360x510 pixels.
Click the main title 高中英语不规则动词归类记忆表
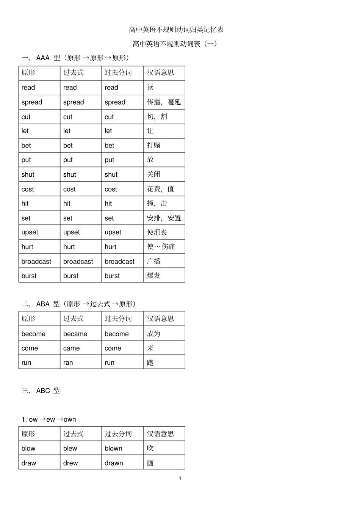coord(176,30)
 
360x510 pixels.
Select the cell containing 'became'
coord(75,334)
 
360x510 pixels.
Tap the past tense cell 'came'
coord(71,348)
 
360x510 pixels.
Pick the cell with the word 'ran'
coord(68,362)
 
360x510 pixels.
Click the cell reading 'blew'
coord(70,448)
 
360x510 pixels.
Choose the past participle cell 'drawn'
coord(114,463)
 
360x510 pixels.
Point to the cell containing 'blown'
coord(113,448)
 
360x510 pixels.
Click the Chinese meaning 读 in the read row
coord(150,87)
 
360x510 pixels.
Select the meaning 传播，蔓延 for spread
coord(164,102)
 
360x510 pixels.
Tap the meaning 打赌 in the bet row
coord(153,145)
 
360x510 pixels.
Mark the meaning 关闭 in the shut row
coord(153,174)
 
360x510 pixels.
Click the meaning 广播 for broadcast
coord(153,261)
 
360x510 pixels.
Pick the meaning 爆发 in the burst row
coord(153,276)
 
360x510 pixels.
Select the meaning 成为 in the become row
coord(153,334)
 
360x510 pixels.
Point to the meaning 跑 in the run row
coord(150,362)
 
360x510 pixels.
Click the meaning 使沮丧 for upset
coord(157,232)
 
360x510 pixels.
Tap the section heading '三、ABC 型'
coord(41,391)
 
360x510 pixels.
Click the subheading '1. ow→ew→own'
coord(49,419)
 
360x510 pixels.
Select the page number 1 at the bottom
coord(180,479)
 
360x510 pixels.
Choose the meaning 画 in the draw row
coord(150,463)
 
